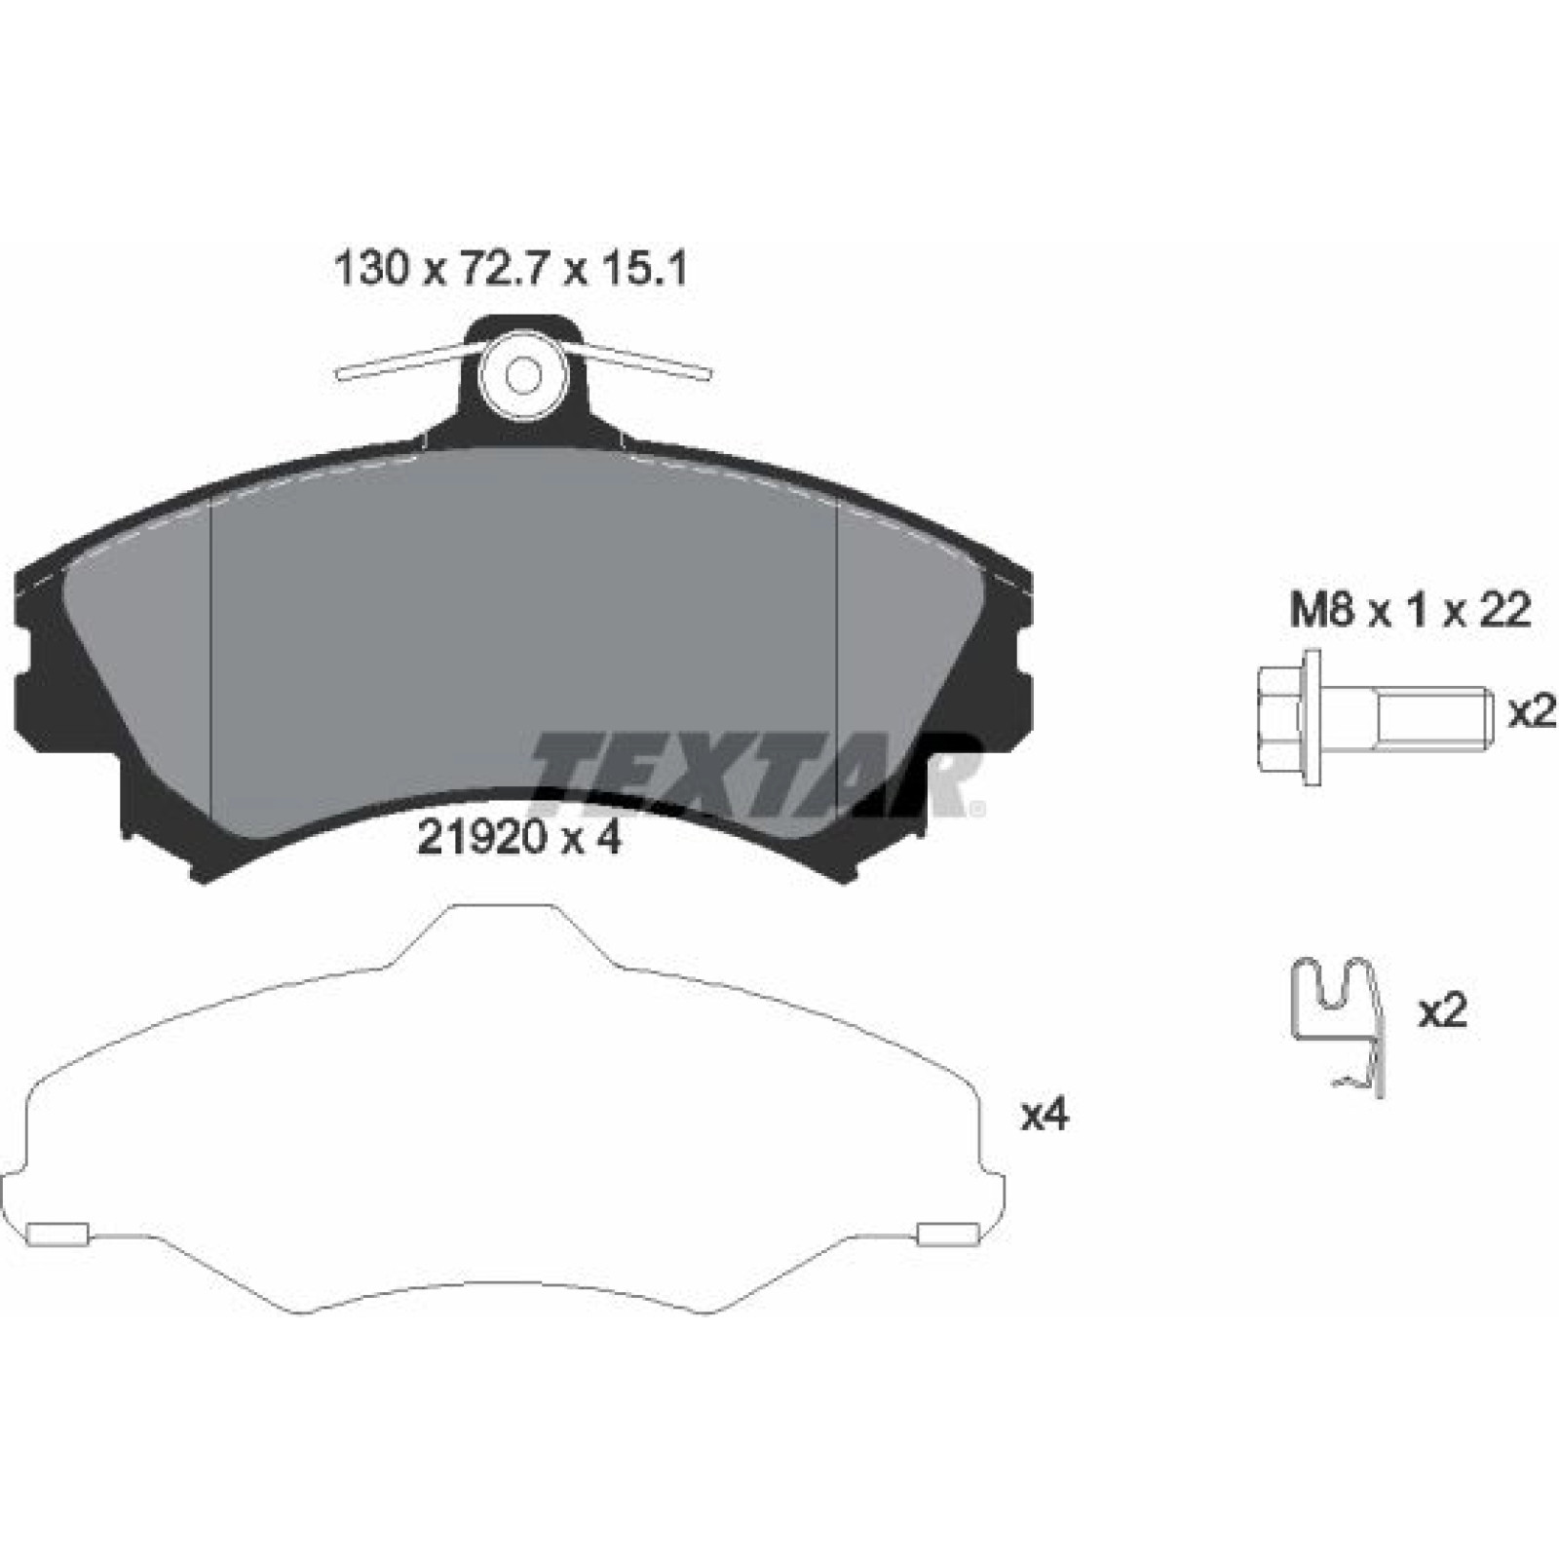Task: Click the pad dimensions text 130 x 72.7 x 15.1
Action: [x=511, y=269]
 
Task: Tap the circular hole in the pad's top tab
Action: [x=524, y=375]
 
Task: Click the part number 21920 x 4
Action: [x=518, y=837]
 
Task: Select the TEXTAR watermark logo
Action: [x=755, y=775]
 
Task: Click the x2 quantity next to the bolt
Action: [x=1532, y=712]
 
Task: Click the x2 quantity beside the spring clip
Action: [x=1442, y=1011]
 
